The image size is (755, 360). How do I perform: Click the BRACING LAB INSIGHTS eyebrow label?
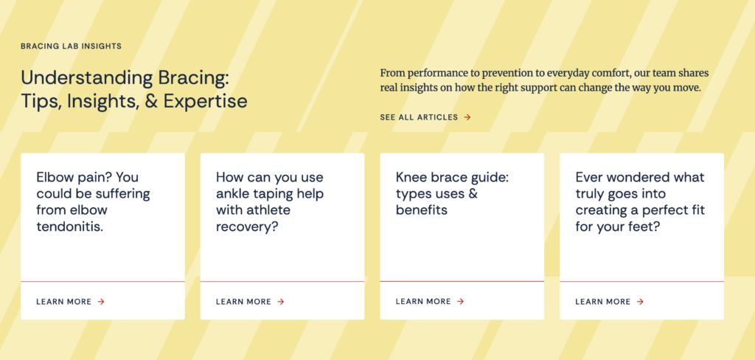point(72,46)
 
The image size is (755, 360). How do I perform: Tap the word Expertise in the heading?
point(206,101)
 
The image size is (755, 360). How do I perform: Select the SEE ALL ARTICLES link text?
point(419,117)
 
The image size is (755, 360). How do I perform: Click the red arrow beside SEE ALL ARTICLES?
point(467,117)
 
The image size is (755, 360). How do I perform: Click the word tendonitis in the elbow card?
point(70,226)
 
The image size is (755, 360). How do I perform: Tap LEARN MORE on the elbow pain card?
point(64,302)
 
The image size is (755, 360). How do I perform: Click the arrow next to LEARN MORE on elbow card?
point(101,302)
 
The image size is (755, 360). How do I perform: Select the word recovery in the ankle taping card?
point(247,226)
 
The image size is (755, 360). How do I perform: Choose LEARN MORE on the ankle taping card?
point(243,302)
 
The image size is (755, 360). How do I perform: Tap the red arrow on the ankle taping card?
point(281,302)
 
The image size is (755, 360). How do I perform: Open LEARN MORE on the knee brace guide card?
point(423,301)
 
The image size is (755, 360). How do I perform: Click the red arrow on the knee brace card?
point(460,301)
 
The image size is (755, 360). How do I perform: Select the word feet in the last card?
point(646,226)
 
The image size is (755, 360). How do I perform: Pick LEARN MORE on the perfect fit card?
point(603,302)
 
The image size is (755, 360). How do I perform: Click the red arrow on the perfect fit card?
point(640,302)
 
